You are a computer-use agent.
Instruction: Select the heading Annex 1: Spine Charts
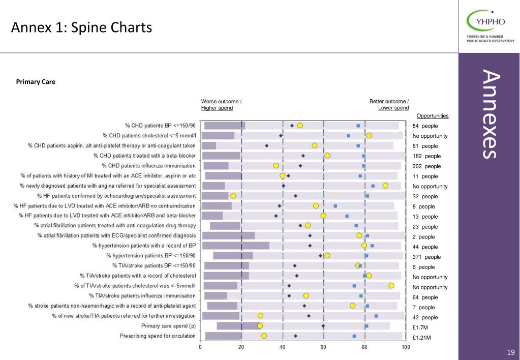(81, 27)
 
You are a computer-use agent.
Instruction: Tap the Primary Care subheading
(36, 82)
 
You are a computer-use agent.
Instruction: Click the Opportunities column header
(433, 116)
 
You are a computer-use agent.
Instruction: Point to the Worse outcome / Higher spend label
(221, 105)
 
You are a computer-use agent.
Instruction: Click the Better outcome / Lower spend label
(389, 105)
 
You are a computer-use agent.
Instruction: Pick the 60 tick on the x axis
(323, 347)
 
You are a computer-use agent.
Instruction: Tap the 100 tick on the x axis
(406, 347)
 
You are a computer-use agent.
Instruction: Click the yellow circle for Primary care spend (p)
(260, 326)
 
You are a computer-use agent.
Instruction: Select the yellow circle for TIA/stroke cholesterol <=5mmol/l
(391, 286)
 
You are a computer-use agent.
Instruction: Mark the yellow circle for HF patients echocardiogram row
(233, 196)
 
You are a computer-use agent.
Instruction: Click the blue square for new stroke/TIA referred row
(376, 316)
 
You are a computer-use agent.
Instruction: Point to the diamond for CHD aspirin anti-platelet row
(267, 145)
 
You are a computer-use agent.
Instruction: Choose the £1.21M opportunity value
(421, 338)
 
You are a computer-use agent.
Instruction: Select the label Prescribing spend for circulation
(158, 336)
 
